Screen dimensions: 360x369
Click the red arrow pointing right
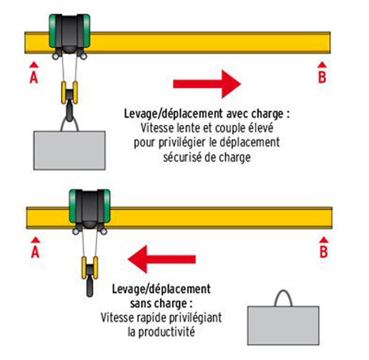pos(206,82)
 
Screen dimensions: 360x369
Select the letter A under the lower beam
pos(35,252)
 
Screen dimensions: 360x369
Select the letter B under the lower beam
pos(323,251)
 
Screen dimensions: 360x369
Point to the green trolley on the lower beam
pos(89,208)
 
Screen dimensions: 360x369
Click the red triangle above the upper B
pos(321,63)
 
